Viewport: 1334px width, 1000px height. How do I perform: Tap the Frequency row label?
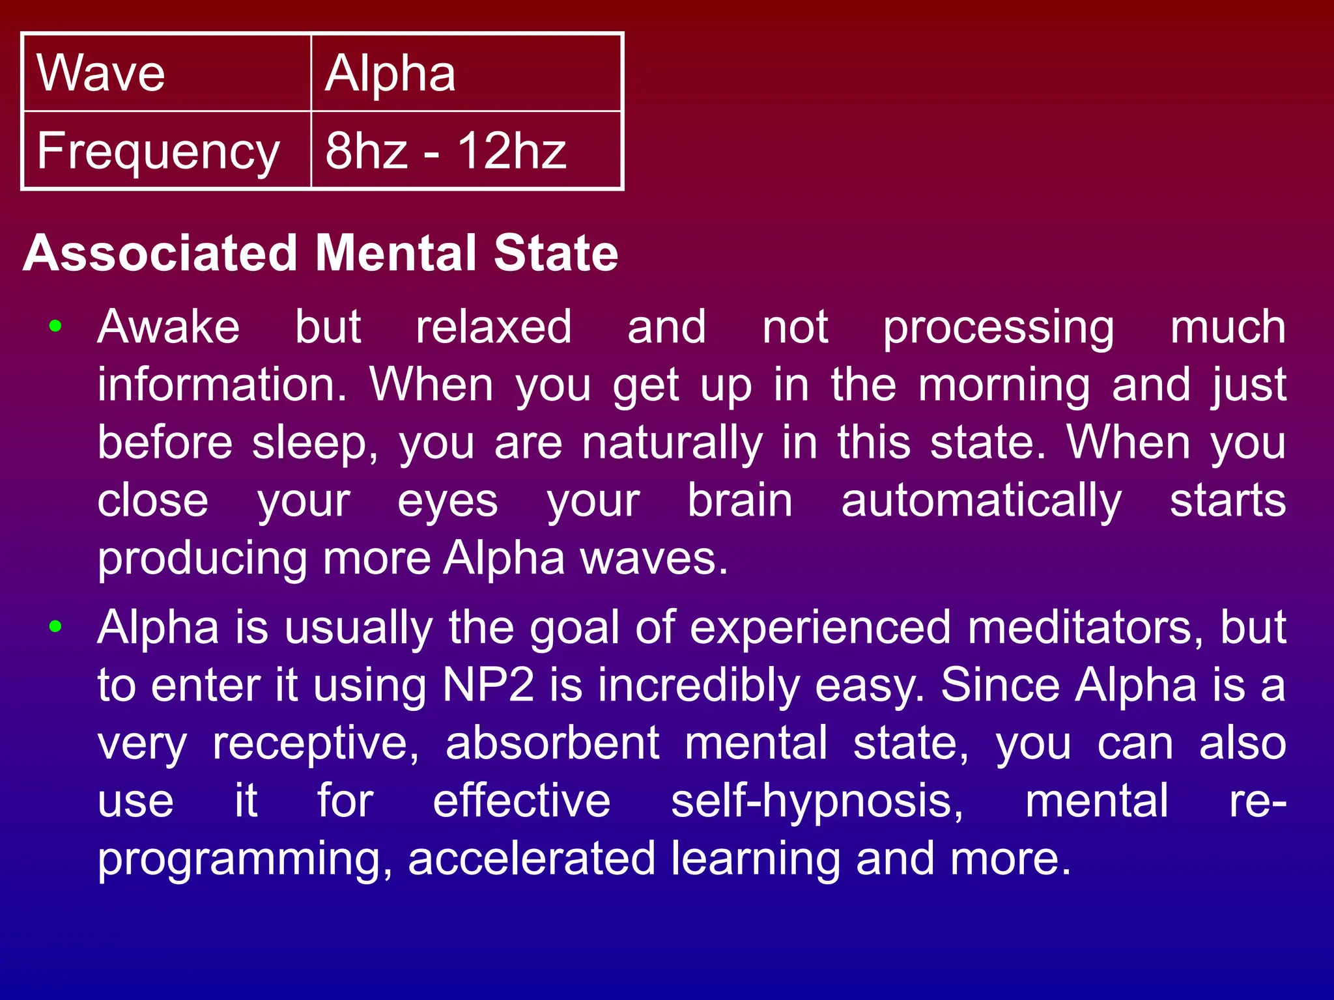pyautogui.click(x=158, y=151)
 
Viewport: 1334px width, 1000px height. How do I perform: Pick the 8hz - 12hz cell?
pyautogui.click(x=446, y=151)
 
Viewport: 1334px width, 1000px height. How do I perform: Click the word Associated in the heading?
pyautogui.click(x=160, y=253)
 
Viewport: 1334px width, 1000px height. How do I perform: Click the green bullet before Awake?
pyautogui.click(x=56, y=326)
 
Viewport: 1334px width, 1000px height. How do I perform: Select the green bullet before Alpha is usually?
pyautogui.click(x=56, y=627)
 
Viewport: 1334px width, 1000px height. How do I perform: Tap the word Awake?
pyautogui.click(x=168, y=326)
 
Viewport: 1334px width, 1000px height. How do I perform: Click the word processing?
pyautogui.click(x=998, y=327)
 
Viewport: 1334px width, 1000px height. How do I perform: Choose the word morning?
pyautogui.click(x=1004, y=385)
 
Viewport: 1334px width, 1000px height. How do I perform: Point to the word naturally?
pyautogui.click(x=672, y=443)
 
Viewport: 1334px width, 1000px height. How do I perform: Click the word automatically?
pyautogui.click(x=981, y=501)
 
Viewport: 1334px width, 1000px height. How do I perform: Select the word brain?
pyautogui.click(x=740, y=501)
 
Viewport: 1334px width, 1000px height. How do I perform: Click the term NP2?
pyautogui.click(x=488, y=685)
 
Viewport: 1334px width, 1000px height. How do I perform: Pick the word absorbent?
pyautogui.click(x=552, y=743)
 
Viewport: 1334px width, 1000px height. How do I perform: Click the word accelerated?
pyautogui.click(x=532, y=859)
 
